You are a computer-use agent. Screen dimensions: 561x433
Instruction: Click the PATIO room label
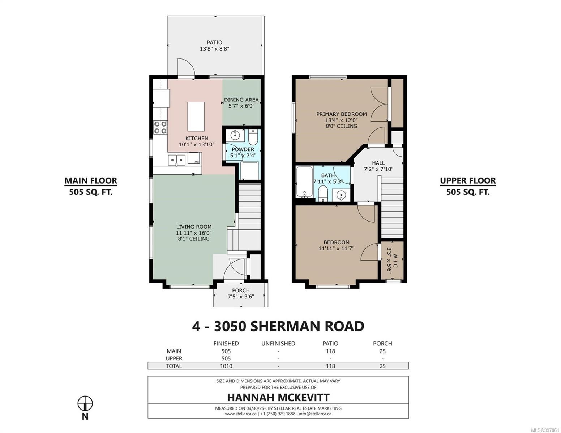[214, 43]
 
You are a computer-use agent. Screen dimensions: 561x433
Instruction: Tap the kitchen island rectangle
[196, 117]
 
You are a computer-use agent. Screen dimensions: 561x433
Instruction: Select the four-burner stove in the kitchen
[160, 127]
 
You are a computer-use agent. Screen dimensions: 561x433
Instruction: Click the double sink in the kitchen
[177, 160]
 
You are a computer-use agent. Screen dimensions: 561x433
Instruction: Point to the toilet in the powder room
[253, 137]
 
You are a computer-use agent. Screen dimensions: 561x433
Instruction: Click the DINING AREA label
[241, 100]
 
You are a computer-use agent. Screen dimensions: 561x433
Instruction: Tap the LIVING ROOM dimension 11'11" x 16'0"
[194, 233]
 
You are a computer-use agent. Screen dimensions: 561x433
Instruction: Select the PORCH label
[241, 290]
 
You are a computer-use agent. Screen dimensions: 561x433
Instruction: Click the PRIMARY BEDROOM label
[341, 114]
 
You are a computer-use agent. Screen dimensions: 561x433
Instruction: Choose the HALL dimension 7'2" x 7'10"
[378, 169]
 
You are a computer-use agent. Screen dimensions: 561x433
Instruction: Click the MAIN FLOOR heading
[91, 181]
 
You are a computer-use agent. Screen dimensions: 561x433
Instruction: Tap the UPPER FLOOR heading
[468, 181]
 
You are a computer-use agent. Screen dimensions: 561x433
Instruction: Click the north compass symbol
[85, 403]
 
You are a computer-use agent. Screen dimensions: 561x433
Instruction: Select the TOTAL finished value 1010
[226, 366]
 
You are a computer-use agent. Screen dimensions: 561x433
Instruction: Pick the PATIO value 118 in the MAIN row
[330, 351]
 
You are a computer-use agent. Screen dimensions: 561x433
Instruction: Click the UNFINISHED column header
[278, 344]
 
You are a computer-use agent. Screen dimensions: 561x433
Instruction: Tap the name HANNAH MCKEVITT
[278, 397]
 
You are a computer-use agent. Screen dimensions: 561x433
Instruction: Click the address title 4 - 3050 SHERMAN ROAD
[278, 326]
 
